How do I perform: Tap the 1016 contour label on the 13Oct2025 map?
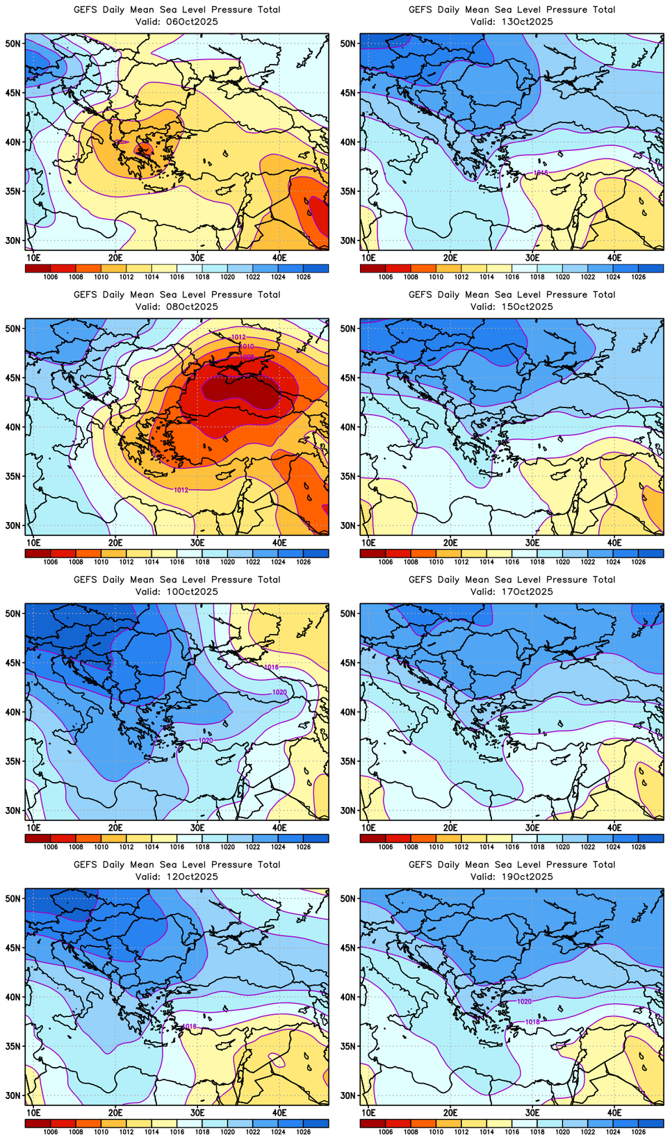[541, 172]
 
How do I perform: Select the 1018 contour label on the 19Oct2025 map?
[532, 1022]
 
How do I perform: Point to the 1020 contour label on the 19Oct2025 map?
[524, 1002]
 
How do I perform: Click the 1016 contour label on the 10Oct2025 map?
[271, 667]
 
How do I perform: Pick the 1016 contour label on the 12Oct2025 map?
[189, 1026]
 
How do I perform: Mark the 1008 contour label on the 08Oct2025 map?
[247, 356]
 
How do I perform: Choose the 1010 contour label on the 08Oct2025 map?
[247, 346]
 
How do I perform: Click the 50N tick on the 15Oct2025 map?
[348, 329]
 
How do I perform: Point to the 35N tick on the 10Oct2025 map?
[13, 761]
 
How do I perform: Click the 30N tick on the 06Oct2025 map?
[13, 241]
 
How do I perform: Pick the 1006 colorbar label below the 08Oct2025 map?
[51, 562]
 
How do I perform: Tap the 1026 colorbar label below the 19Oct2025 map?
[639, 1132]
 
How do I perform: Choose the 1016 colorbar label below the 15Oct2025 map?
[512, 562]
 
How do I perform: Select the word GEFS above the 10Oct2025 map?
[85, 580]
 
